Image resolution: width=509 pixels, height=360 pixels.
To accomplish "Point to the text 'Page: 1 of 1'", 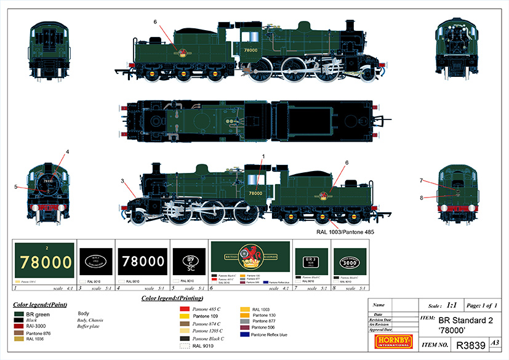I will (483, 305).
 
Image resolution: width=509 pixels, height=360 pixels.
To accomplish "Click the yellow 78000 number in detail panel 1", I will (46, 262).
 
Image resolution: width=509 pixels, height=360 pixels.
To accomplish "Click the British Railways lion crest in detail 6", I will (249, 254).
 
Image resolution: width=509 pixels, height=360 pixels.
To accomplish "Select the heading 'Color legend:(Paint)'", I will (40, 304).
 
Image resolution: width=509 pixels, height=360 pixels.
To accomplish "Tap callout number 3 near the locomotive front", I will (123, 180).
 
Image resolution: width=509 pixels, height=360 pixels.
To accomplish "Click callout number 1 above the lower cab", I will (262, 157).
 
